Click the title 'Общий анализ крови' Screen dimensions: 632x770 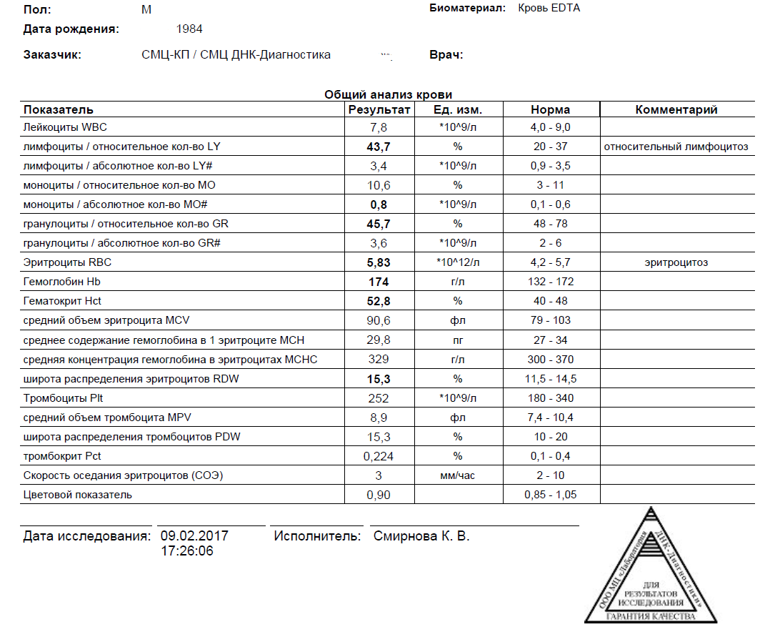tap(388, 94)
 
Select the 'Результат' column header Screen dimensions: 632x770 tap(379, 110)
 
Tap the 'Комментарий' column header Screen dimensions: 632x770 tap(676, 110)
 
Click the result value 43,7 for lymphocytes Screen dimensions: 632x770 tap(379, 147)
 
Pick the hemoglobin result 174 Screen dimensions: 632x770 tap(379, 282)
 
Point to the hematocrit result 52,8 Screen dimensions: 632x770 tap(379, 301)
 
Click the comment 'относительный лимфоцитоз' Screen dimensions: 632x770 tap(676, 147)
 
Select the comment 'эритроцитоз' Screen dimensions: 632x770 tap(676, 262)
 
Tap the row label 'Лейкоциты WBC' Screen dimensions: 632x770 tap(60, 127)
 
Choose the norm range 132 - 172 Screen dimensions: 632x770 tap(551, 282)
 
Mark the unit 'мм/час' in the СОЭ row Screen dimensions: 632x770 tap(457, 475)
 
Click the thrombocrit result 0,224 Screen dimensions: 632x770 tap(379, 456)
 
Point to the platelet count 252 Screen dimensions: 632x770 tap(379, 398)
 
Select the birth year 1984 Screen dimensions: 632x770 tap(189, 29)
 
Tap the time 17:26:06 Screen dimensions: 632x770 tap(186, 551)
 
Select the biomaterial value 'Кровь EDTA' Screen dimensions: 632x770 tap(549, 9)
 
